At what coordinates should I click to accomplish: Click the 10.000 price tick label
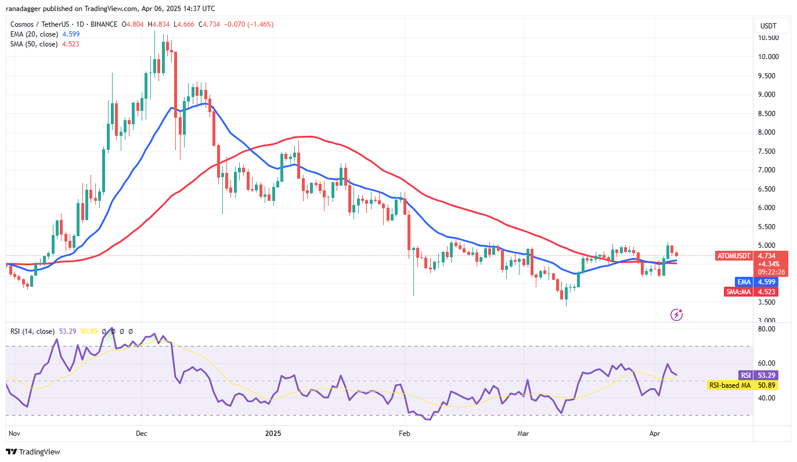[x=769, y=56]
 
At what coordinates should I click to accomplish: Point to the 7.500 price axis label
[x=769, y=151]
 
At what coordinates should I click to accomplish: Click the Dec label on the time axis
[x=141, y=433]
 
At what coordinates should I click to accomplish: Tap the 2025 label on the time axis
[x=273, y=433]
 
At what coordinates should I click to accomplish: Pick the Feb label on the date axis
[x=405, y=433]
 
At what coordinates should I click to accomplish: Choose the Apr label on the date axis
[x=655, y=433]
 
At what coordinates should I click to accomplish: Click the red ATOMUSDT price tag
[x=734, y=256]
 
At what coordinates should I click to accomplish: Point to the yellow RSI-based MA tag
[x=729, y=385]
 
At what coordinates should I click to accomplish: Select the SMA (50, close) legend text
[x=34, y=44]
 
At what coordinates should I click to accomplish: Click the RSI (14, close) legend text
[x=33, y=331]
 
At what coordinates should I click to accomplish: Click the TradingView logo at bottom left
[x=33, y=452]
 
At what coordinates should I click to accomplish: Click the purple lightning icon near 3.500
[x=676, y=315]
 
